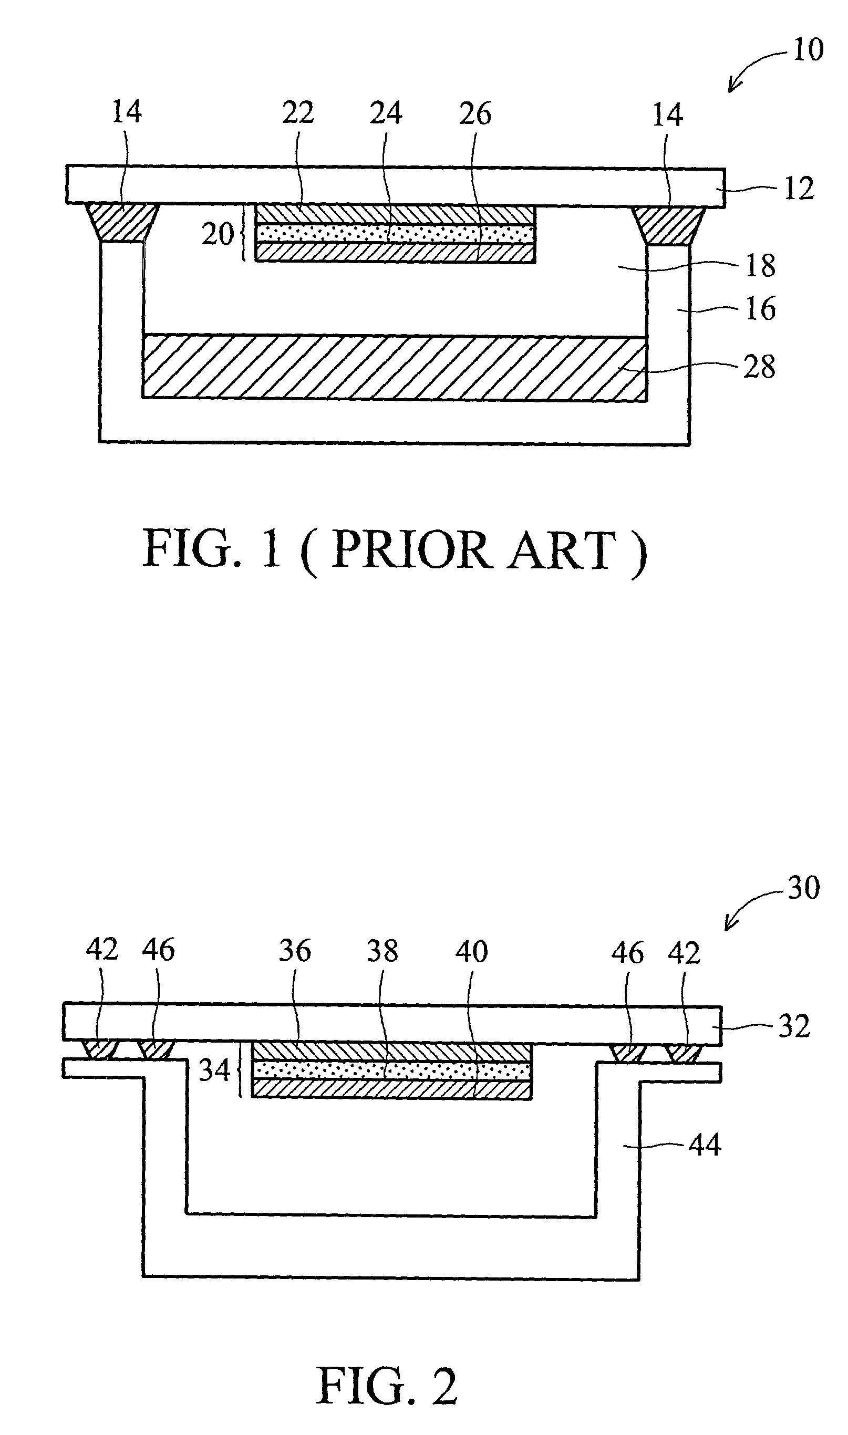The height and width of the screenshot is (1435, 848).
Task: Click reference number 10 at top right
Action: pos(808,50)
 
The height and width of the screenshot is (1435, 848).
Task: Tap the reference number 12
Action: pos(799,189)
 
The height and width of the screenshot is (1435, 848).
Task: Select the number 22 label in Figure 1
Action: pos(298,112)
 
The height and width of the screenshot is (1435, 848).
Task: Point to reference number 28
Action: pos(759,367)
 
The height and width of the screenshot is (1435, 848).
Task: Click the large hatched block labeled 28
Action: pos(394,367)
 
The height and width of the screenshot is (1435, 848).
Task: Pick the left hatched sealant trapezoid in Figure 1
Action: pos(122,223)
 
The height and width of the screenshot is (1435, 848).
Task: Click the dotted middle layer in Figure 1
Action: pos(394,234)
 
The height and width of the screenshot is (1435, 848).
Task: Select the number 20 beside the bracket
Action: pos(218,234)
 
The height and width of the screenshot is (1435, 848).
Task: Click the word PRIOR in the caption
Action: pos(410,549)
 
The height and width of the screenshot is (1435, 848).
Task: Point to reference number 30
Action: pos(803,887)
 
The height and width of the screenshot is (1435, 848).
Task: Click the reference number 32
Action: pos(794,1026)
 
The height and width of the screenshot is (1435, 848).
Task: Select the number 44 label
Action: pos(705,1144)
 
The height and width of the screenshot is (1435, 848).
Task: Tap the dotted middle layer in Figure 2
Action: pos(392,1069)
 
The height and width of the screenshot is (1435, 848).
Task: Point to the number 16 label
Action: pos(761,309)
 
